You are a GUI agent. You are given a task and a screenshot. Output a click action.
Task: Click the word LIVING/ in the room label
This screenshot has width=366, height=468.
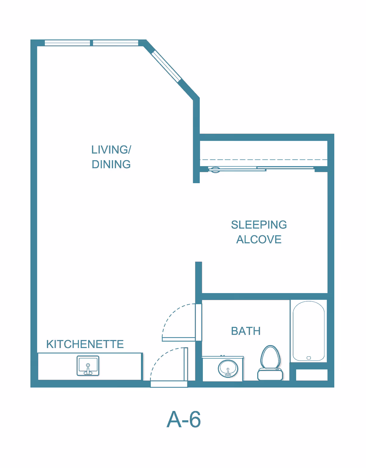(x=111, y=150)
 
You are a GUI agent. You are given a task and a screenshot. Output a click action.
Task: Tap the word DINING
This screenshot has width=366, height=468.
(x=111, y=164)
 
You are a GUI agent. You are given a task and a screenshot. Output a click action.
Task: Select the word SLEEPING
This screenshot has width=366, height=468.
(x=259, y=225)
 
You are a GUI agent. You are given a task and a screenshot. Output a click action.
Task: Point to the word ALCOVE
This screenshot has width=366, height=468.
(x=259, y=239)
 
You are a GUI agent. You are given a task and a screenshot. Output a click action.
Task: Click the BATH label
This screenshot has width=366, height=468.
(x=246, y=331)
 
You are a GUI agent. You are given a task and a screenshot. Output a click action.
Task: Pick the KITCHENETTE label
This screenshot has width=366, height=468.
(x=85, y=344)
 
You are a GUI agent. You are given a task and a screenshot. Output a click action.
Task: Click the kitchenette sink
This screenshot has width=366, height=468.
(x=88, y=366)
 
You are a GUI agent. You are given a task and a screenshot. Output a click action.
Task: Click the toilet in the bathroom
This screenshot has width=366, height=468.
(x=270, y=363)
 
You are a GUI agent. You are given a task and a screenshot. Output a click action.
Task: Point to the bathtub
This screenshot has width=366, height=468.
(x=309, y=331)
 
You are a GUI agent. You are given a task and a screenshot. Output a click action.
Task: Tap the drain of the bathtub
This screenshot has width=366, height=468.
(x=309, y=358)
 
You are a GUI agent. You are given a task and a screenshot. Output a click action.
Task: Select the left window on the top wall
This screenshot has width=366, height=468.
(x=67, y=43)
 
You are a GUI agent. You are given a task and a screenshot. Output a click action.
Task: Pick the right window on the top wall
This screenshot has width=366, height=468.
(x=116, y=43)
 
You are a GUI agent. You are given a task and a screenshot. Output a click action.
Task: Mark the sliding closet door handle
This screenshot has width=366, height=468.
(x=215, y=170)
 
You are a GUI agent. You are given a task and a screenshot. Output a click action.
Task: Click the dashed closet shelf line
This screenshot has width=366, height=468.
(x=264, y=160)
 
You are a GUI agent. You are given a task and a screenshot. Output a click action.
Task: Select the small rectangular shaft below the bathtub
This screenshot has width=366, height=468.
(x=312, y=375)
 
